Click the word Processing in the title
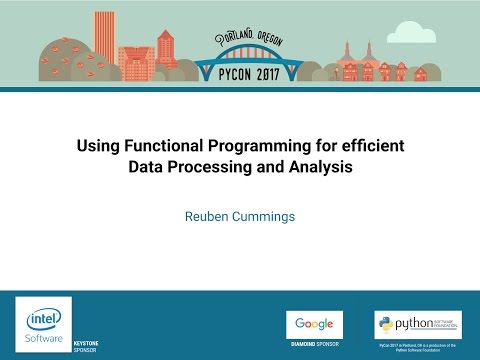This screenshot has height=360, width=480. pyautogui.click(x=212, y=167)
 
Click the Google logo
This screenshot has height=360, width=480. pyautogui.click(x=314, y=325)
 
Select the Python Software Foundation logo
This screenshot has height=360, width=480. pyautogui.click(x=417, y=325)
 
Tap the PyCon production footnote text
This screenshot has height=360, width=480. pyautogui.click(x=417, y=347)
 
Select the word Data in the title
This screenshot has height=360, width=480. pyautogui.click(x=147, y=167)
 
